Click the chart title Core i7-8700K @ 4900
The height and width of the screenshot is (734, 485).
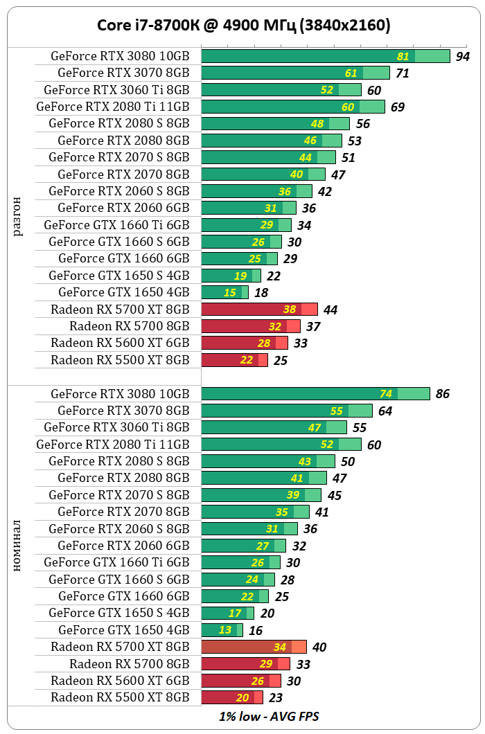pos(242,26)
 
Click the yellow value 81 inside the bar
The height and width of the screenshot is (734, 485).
pos(403,57)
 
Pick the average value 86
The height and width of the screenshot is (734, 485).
pos(442,394)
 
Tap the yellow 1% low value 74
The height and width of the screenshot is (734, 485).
pos(386,394)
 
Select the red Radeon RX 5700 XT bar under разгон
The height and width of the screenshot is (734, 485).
pos(259,310)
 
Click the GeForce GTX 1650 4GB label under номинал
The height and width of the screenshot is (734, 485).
pos(123,630)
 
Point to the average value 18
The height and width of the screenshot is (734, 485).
pos(261,293)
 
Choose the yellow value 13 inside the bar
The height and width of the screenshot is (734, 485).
pos(226,630)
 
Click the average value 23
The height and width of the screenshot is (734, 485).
pos(276,698)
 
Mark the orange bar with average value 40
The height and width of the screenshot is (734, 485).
pos(254,647)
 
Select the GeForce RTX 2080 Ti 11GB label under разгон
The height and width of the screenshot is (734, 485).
pos(113,107)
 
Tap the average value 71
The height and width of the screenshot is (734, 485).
pos(403,73)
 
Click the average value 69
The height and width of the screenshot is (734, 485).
pos(398,107)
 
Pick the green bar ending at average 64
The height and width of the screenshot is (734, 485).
pos(287,411)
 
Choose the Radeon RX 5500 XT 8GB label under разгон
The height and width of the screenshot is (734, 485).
pos(120,360)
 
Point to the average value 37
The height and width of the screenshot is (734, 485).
pos(313,327)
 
